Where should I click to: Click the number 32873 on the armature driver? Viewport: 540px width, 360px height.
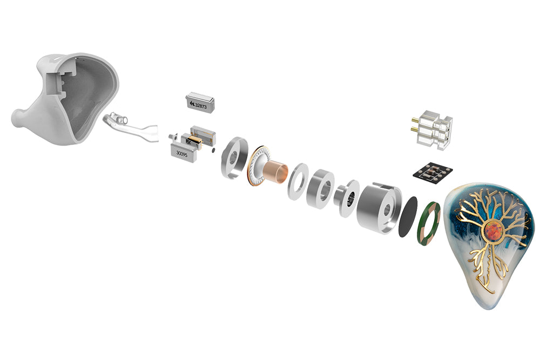201,106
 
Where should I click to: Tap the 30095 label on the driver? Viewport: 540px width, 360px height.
181,154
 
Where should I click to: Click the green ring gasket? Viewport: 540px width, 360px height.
428,223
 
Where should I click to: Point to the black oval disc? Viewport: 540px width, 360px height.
408,217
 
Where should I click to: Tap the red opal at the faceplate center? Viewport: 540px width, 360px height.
493,231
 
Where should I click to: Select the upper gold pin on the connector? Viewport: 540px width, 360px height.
415,120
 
